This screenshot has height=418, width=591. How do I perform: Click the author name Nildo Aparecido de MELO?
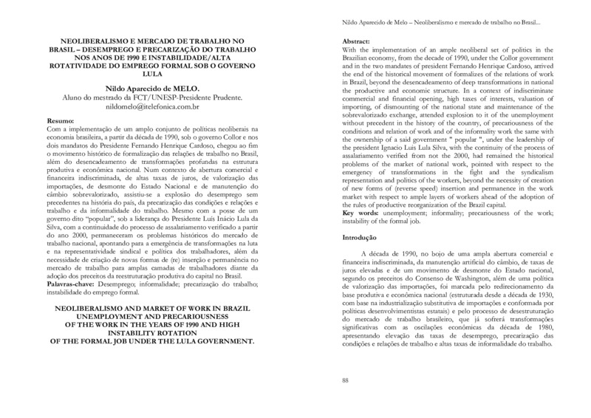point(149,86)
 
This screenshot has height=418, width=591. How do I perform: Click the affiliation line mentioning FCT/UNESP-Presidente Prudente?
point(149,96)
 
